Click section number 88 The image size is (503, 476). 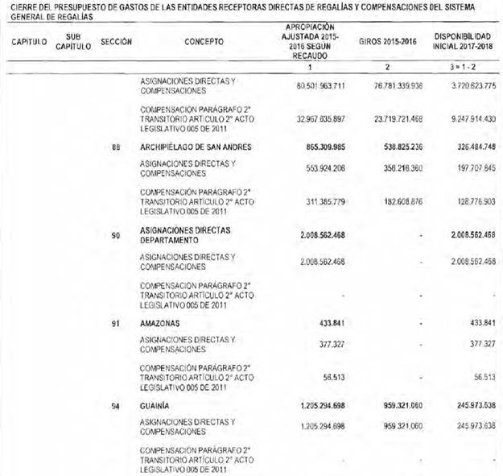117,147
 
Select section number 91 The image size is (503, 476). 117,323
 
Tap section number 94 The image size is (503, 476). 117,407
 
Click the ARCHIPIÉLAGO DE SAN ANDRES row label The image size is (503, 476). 196,147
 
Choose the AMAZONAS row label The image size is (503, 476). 159,323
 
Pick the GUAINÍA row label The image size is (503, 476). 155,407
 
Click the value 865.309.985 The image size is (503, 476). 316,147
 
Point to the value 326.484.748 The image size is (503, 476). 468,147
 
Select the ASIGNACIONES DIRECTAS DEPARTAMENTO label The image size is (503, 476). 186,234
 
